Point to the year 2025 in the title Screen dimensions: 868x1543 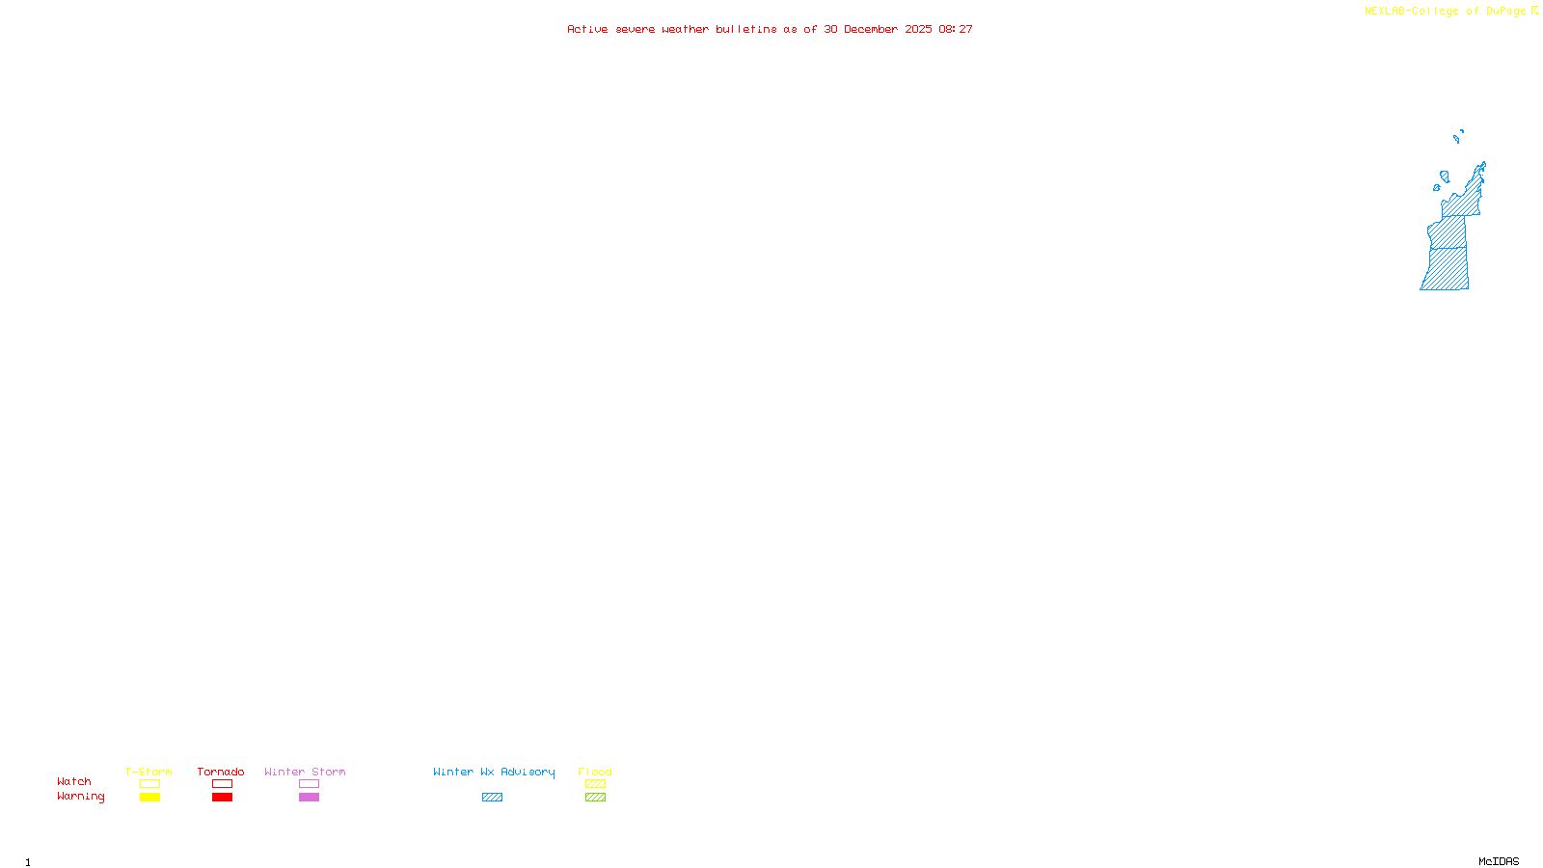pyautogui.click(x=918, y=30)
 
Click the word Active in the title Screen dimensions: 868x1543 pyautogui.click(x=587, y=30)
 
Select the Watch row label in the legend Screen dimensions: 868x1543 pyautogui.click(x=74, y=782)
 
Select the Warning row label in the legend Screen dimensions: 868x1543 pyautogui.click(x=81, y=797)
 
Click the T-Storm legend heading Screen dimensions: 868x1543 pyautogui.click(x=149, y=772)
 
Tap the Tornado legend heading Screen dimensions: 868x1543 pyautogui.click(x=221, y=772)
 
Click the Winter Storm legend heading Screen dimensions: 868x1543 pyautogui.click(x=305, y=772)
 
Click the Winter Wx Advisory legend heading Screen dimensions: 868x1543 pyautogui.click(x=494, y=772)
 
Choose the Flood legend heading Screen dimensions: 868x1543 pyautogui.click(x=595, y=772)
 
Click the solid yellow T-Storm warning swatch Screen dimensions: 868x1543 pyautogui.click(x=149, y=798)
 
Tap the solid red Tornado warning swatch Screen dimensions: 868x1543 pyautogui.click(x=222, y=798)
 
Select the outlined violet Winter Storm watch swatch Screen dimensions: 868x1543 pyautogui.click(x=309, y=784)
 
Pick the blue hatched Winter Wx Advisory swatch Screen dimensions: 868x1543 pyautogui.click(x=492, y=798)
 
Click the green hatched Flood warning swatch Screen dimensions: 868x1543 pyautogui.click(x=595, y=798)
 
